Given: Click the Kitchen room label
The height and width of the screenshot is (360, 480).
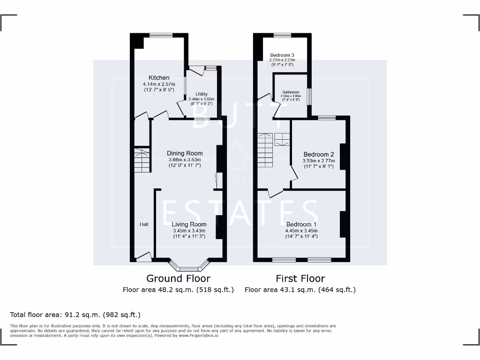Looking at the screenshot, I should tap(159, 78).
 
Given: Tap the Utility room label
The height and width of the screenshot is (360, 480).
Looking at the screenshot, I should tap(202, 94).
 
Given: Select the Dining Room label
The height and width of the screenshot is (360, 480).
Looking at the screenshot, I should tap(185, 153).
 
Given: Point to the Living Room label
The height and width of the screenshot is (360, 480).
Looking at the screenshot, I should tap(189, 225).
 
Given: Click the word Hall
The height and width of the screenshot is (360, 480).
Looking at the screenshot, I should tap(144, 225).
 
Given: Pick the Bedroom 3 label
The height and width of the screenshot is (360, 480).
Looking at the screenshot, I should tap(282, 55).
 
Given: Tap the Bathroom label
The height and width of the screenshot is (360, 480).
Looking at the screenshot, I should tap(291, 92).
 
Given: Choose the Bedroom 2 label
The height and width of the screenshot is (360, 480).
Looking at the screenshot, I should tap(319, 155).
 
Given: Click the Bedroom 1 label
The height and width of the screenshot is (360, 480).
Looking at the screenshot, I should tap(301, 225).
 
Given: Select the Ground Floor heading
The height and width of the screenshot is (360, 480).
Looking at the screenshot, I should tap(178, 278).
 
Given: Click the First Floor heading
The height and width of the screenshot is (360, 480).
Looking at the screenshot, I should tap(300, 278).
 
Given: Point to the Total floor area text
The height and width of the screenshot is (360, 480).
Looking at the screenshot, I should tap(75, 315).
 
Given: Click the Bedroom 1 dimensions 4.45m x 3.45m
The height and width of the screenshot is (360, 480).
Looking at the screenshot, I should tap(301, 231).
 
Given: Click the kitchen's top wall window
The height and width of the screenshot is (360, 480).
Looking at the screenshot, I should tap(161, 35).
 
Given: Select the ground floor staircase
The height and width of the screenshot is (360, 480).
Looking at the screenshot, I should tap(142, 160).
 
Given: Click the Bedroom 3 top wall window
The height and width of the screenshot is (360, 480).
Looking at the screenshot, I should tap(282, 35).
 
